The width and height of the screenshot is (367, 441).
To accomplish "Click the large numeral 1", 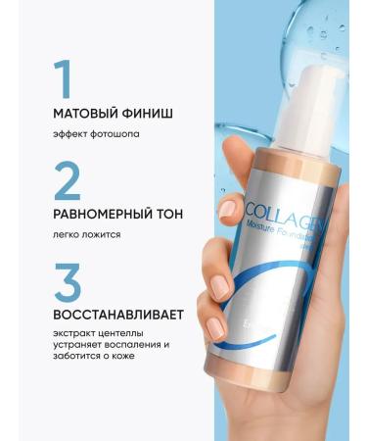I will (x=63, y=79).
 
